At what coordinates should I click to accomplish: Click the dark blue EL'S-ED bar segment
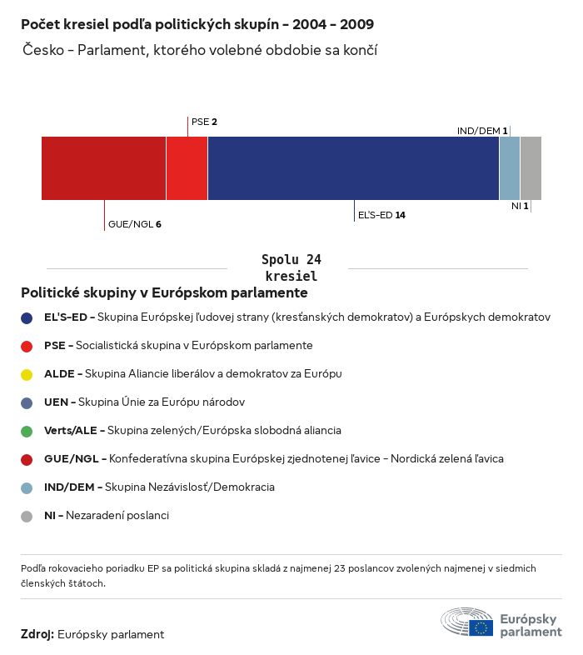coord(353,168)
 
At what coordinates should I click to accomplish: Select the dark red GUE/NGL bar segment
coord(103,168)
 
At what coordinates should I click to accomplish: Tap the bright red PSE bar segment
coord(187,168)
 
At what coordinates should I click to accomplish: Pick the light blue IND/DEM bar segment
coord(509,168)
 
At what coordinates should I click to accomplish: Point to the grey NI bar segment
coord(531,168)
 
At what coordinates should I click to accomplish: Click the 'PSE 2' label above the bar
coord(204,122)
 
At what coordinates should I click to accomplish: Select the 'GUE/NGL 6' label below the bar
coord(134,224)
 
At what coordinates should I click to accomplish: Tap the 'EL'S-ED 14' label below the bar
coord(381,215)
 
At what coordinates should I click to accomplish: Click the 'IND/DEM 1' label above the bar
coord(482,131)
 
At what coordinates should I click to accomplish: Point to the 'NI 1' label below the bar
coord(520,205)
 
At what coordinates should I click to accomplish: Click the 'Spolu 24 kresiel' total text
coord(291,267)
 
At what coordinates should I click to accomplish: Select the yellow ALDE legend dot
coord(27,374)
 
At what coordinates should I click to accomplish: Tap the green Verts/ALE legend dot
coord(27,431)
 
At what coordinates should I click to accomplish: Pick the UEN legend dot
coord(27,402)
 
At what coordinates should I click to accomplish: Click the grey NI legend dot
coord(27,516)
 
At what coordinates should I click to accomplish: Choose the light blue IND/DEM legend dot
coord(27,487)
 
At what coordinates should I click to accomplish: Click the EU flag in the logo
coord(481,627)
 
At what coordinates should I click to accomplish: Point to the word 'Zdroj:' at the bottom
coord(37,634)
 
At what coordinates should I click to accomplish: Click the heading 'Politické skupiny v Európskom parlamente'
coord(164,293)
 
